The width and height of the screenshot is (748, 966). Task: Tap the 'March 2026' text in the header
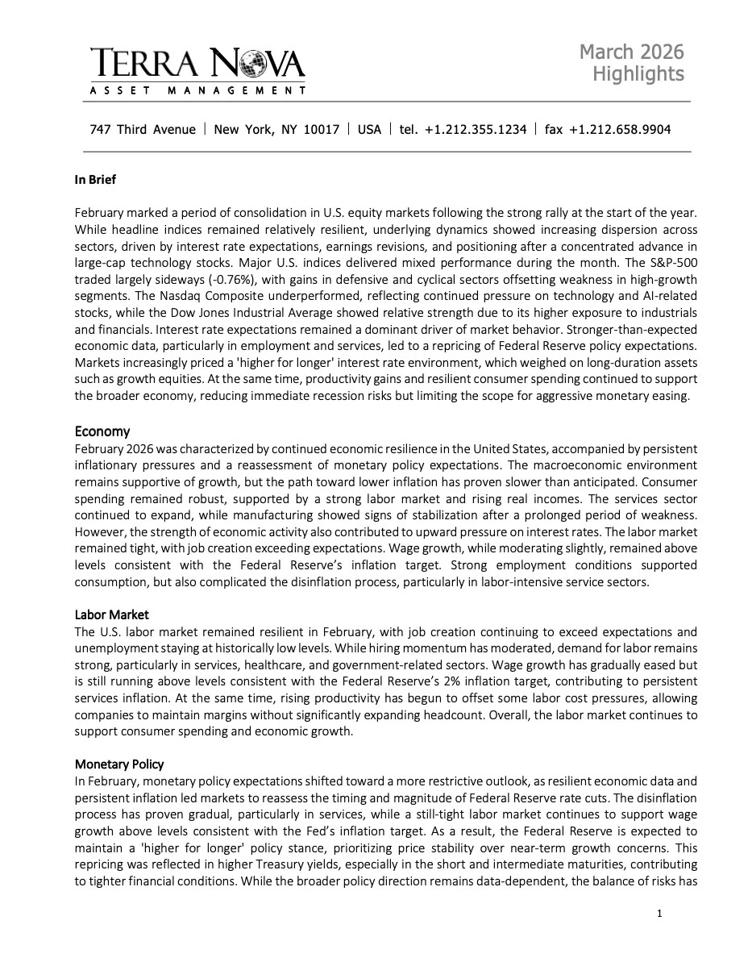tap(631, 52)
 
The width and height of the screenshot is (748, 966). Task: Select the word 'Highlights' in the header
tap(638, 74)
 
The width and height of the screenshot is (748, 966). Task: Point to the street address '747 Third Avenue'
tap(143, 129)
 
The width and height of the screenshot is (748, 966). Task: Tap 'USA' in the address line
tap(369, 129)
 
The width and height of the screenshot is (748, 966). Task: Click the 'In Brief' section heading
tap(95, 180)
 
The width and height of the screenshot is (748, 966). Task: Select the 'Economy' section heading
tap(102, 431)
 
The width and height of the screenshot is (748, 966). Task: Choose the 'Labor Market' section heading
tap(112, 615)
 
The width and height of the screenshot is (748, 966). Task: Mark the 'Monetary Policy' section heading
tap(119, 764)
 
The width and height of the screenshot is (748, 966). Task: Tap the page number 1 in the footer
tap(659, 914)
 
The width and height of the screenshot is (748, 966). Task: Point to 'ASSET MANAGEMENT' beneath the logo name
tap(197, 90)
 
